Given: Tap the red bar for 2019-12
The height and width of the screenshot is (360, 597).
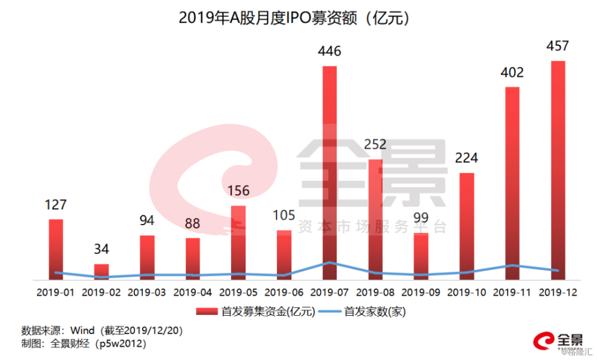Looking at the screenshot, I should click(558, 170).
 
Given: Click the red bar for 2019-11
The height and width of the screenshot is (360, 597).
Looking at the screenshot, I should click(512, 183).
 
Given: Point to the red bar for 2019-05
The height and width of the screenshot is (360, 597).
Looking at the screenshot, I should click(238, 242).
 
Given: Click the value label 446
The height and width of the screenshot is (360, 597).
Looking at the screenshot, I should click(330, 51).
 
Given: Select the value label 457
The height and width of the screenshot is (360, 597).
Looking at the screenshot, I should click(558, 46).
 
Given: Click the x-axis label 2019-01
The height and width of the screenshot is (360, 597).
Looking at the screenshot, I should click(56, 293).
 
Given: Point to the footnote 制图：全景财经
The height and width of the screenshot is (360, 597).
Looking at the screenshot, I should click(84, 344).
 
